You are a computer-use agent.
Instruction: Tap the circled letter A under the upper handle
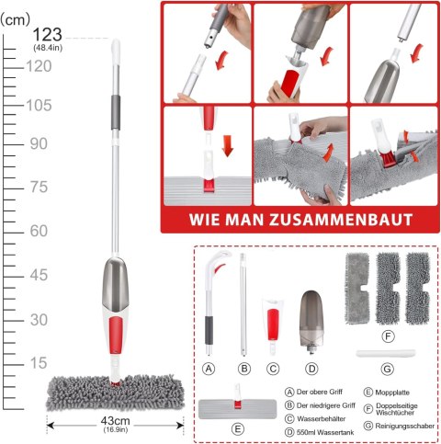[209, 369]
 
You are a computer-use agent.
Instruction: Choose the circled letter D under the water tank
[311, 369]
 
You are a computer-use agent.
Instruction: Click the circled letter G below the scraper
[388, 369]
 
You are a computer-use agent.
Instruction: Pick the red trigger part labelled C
[273, 321]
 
